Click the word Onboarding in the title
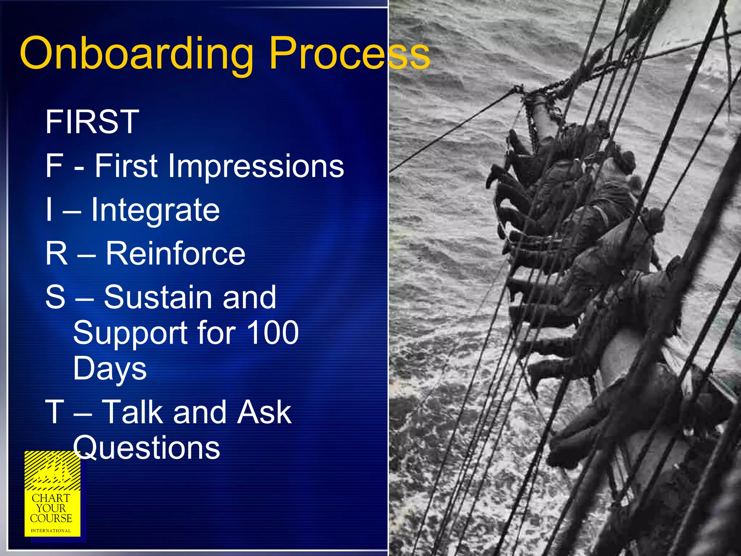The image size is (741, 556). point(137,54)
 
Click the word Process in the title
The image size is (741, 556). point(349,54)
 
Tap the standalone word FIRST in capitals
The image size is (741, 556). point(92,122)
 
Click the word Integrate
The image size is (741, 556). point(155,210)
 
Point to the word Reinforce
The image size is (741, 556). point(175,253)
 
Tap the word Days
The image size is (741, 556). point(110,368)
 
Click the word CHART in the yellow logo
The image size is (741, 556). point(51,498)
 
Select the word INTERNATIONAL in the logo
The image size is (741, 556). point(51,531)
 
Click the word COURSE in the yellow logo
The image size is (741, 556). point(51,518)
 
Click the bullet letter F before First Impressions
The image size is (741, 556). point(54,166)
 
